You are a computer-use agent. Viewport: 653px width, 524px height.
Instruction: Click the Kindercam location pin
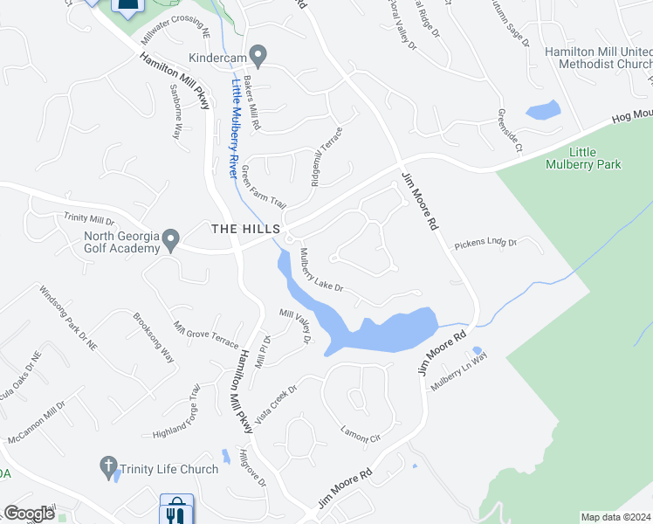click(x=258, y=56)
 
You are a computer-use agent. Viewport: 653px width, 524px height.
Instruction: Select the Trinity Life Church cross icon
click(x=108, y=466)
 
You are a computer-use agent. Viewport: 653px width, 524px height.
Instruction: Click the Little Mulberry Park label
click(x=582, y=158)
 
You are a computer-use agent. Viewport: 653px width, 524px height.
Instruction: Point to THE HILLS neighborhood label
click(x=244, y=229)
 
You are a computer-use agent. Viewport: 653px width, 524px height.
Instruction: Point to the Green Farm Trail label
click(x=264, y=186)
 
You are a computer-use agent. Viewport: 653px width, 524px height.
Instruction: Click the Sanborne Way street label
click(x=175, y=113)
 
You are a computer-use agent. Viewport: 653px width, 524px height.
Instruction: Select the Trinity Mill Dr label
click(x=89, y=219)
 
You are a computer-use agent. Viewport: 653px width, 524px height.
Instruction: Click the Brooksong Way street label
click(x=154, y=339)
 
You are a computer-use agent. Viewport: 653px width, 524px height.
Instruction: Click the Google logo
click(x=30, y=514)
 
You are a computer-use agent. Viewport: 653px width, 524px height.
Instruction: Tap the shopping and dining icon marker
click(x=176, y=510)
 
